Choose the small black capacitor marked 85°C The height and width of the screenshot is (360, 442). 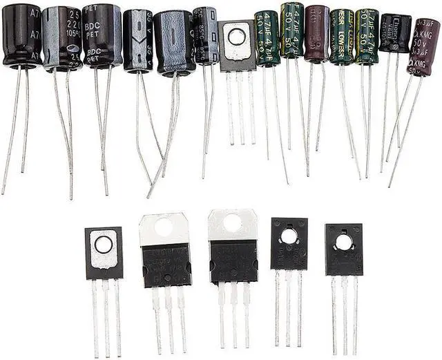(205, 35)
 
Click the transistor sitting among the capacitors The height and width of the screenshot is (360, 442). (237, 46)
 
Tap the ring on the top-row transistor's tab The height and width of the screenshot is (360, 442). (237, 37)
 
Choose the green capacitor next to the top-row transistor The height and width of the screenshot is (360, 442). (267, 39)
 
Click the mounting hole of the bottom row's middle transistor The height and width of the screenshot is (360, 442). (233, 222)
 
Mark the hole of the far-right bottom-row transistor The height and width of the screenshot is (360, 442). (343, 243)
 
